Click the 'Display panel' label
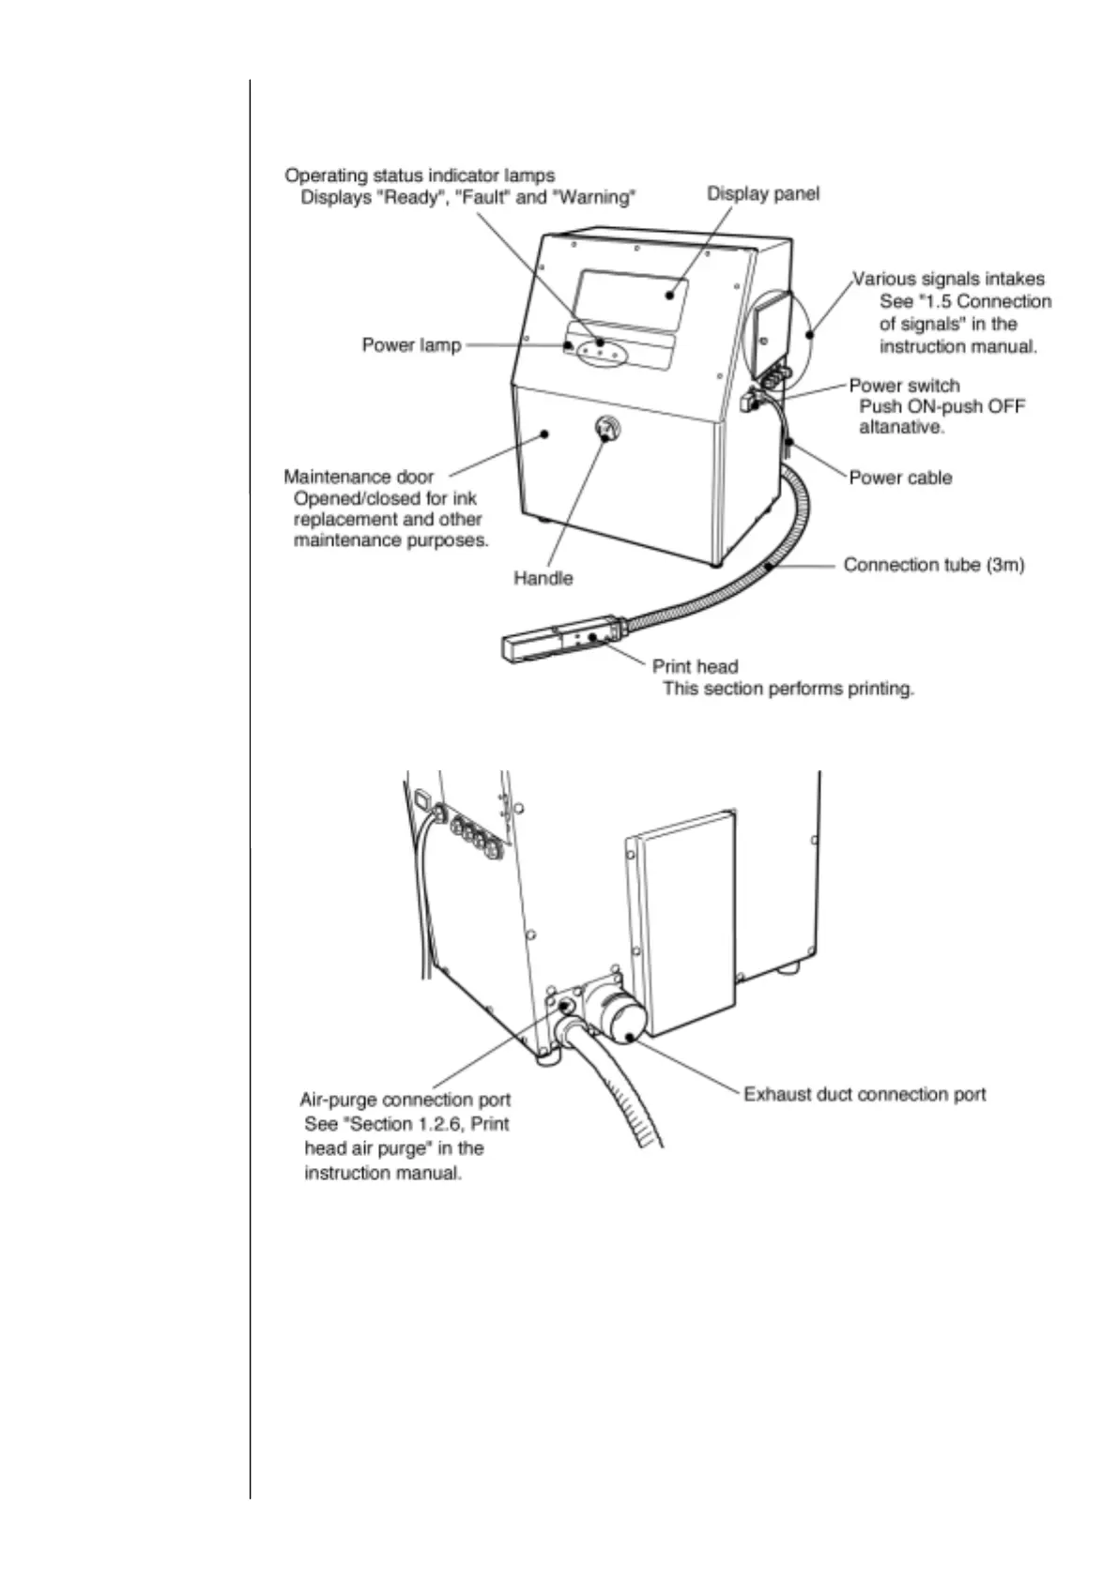[x=762, y=194]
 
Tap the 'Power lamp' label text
[x=411, y=345]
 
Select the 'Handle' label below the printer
[x=543, y=578]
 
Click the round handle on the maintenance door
[x=607, y=429]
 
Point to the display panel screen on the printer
[x=631, y=298]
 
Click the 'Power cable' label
[x=900, y=478]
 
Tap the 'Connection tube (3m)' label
[x=933, y=565]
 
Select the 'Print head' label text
[x=695, y=666]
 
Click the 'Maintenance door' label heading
[x=359, y=477]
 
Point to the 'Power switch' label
[x=904, y=386]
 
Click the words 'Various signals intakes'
[x=948, y=279]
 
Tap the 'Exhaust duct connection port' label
[x=865, y=1094]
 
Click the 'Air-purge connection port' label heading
[x=405, y=1100]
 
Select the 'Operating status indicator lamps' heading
[x=420, y=175]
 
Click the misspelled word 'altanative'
[x=900, y=427]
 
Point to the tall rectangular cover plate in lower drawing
[x=683, y=919]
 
